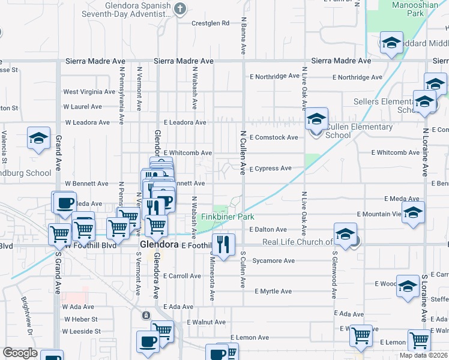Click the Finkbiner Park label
point(228,217)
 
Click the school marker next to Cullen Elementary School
point(316,119)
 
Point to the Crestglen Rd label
point(211,23)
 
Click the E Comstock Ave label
point(274,137)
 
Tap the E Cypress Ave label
point(270,169)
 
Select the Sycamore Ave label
point(273,261)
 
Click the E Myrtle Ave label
point(273,292)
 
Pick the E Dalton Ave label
point(268,230)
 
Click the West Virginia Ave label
point(89,92)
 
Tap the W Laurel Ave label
point(83,107)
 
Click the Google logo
point(20,353)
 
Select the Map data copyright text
point(424,355)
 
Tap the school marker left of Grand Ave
point(39,139)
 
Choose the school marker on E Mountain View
point(413,213)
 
